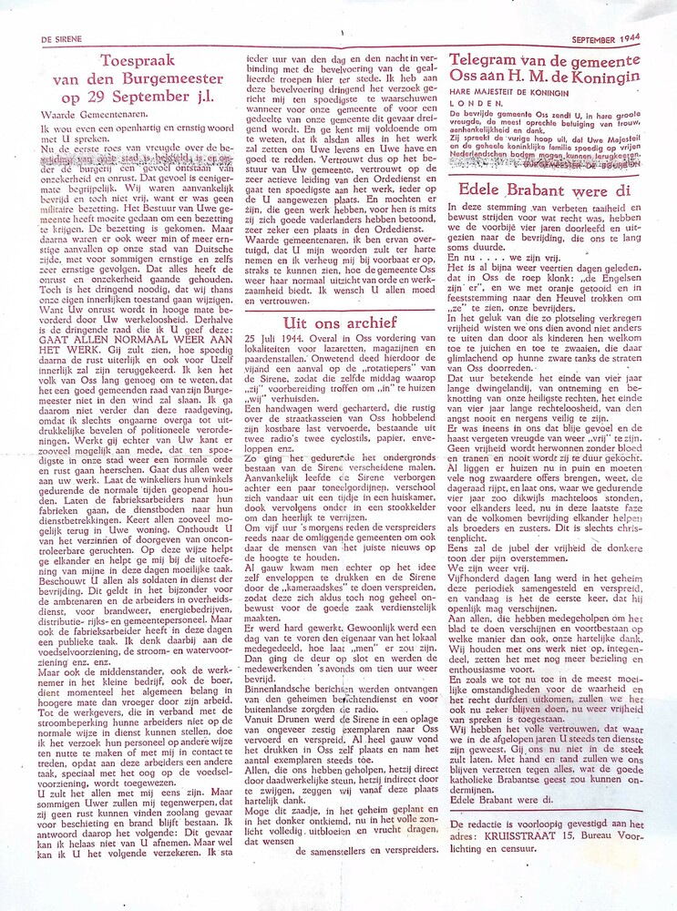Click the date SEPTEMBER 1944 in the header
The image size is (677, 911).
tap(606, 40)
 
